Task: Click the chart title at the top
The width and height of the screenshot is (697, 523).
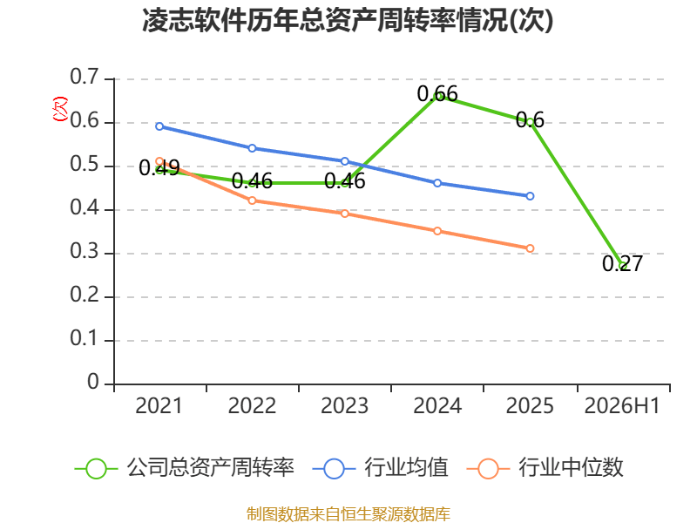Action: (x=348, y=20)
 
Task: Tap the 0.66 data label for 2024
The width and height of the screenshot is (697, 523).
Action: (x=437, y=94)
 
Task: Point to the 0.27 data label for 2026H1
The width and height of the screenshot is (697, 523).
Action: (x=622, y=263)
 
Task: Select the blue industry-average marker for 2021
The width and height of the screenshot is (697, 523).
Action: (x=159, y=126)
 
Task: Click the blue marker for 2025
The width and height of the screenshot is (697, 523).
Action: (x=530, y=196)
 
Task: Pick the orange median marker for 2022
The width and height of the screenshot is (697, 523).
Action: (x=252, y=200)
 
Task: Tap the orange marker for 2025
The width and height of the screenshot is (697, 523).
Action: (x=530, y=248)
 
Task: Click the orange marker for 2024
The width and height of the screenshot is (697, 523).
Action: (x=437, y=231)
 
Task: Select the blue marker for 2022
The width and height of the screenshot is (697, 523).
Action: (x=252, y=148)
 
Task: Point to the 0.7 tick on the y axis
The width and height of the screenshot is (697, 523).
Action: (x=85, y=77)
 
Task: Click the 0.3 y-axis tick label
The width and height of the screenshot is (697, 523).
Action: (x=85, y=252)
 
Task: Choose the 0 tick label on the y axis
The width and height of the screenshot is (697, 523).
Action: (x=93, y=382)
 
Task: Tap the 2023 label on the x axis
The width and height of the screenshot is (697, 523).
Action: (x=344, y=405)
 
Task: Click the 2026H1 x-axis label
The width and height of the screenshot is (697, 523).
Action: (x=622, y=405)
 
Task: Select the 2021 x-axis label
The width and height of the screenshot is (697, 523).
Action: (x=159, y=405)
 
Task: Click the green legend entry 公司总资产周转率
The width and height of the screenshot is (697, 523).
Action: (x=185, y=468)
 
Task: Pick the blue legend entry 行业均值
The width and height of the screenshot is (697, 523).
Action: (x=381, y=468)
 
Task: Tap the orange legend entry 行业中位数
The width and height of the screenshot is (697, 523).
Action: (x=545, y=468)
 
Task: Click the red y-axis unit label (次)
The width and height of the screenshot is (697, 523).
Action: (x=60, y=109)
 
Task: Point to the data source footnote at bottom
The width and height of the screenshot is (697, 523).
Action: (x=348, y=514)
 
